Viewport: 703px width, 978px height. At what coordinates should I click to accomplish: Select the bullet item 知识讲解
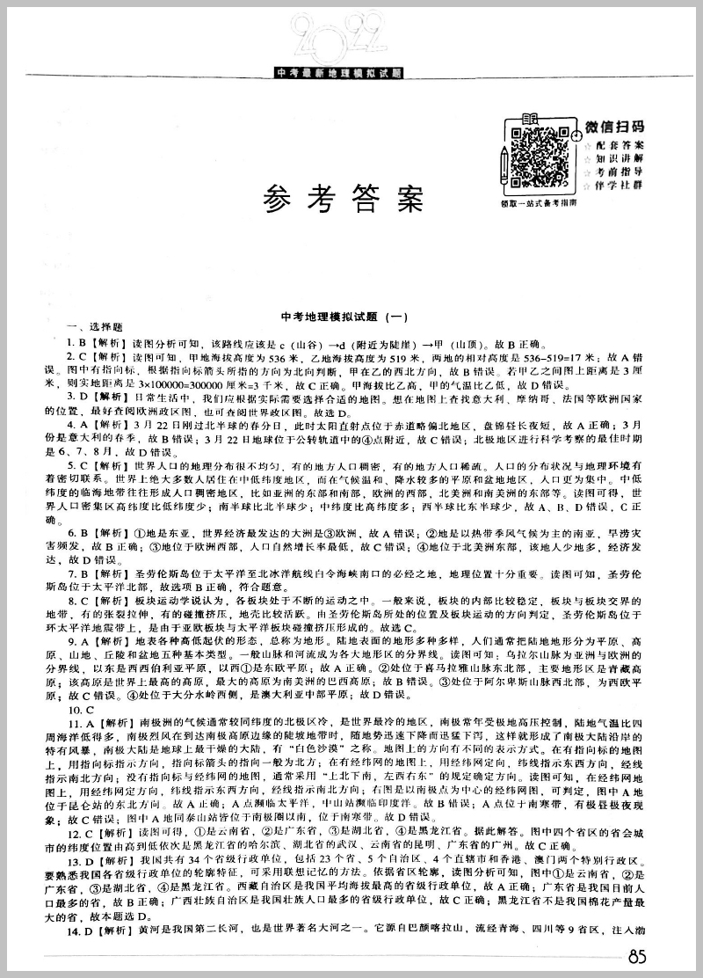620,157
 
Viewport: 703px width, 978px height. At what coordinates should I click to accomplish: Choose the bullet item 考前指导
620,172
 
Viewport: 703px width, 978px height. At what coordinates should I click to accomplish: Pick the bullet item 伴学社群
620,186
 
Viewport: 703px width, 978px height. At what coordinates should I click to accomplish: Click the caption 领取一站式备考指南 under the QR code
537,202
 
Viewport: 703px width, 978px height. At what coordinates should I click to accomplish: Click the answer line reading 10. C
83,709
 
